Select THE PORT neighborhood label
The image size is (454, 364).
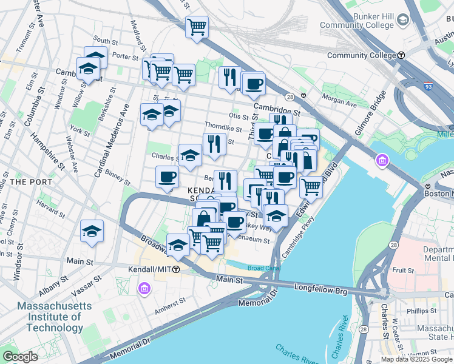pos(25,181)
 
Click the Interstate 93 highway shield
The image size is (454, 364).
pos(429,87)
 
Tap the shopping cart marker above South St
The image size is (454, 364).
pos(197,27)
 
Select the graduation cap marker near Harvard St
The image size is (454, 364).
pos(92,231)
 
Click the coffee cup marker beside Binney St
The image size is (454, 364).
pos(167,177)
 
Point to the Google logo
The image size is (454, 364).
pos(21,357)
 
